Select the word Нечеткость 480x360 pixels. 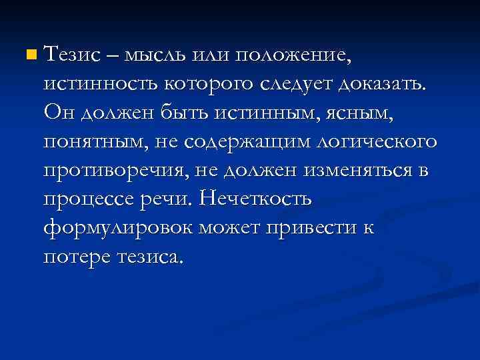(257, 198)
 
